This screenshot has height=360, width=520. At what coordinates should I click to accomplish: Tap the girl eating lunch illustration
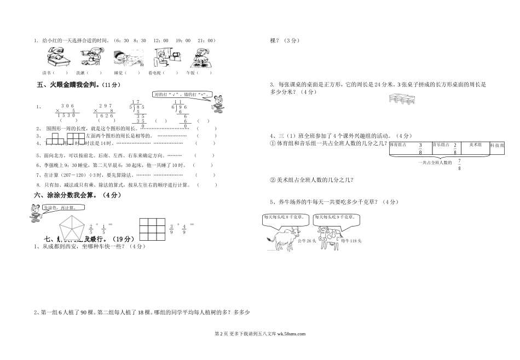tap(200, 57)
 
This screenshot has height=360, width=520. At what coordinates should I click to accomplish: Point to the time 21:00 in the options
tap(207, 40)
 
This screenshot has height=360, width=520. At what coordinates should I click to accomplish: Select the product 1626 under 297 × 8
tap(104, 116)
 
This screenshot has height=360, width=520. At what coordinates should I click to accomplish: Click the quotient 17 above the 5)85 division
tap(137, 102)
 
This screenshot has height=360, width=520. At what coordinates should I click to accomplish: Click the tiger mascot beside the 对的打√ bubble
tap(219, 103)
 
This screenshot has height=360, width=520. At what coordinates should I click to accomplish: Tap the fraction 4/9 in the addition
tap(184, 229)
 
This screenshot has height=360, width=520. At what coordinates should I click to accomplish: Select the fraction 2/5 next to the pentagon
tap(91, 229)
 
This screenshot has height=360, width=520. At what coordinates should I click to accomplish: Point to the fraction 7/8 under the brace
tap(459, 164)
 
